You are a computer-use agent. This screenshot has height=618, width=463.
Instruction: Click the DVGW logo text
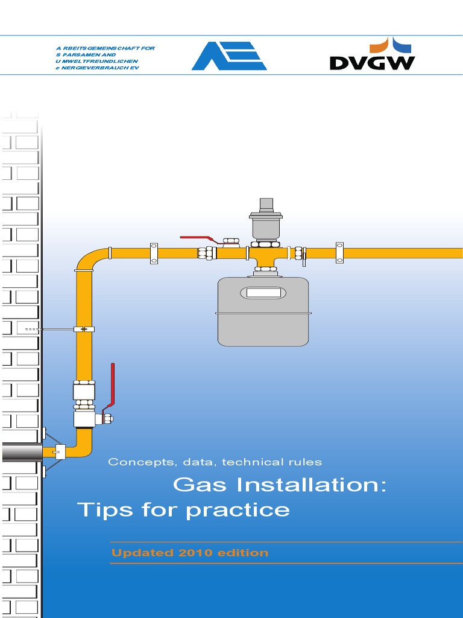372,62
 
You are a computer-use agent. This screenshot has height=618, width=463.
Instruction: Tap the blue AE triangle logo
229,56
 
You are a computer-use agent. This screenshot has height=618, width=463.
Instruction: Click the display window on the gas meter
263,293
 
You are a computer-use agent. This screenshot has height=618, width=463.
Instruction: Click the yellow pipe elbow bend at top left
88,258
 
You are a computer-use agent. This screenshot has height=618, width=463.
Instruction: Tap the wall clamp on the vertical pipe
84,330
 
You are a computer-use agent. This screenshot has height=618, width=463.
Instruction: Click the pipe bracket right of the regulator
339,252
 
